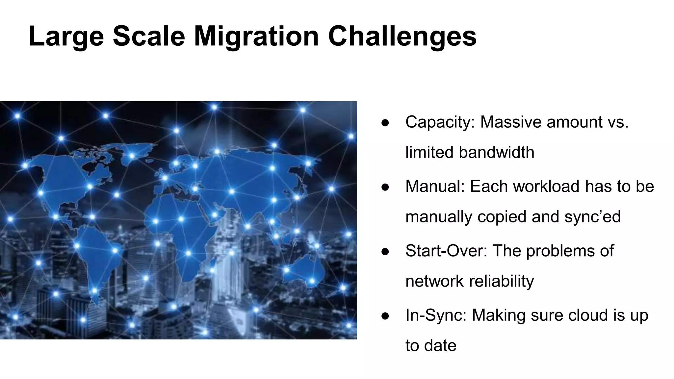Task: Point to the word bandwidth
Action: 496,152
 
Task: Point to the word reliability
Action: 501,281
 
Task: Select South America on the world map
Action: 95,257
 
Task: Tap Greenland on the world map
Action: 132,155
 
